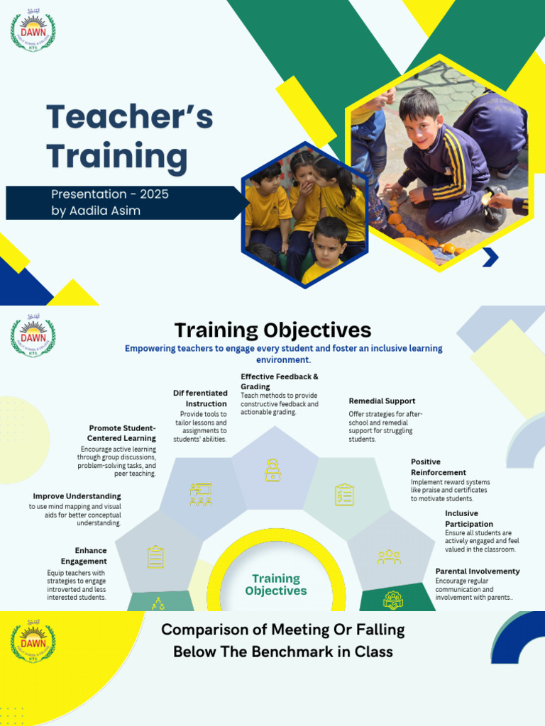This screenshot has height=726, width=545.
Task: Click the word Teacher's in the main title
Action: pyautogui.click(x=129, y=117)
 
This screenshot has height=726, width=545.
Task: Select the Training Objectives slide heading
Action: pyautogui.click(x=272, y=330)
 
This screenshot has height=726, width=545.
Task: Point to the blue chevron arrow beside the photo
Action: pyautogui.click(x=490, y=257)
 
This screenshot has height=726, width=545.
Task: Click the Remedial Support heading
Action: pyautogui.click(x=382, y=401)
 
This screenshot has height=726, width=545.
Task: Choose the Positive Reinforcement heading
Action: pyautogui.click(x=438, y=467)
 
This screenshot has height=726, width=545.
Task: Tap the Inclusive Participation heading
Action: pyautogui.click(x=469, y=518)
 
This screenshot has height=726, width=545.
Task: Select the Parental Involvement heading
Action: pyautogui.click(x=477, y=571)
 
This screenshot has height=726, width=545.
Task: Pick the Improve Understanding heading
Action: pyautogui.click(x=77, y=496)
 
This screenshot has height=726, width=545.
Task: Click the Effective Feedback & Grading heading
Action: pyautogui.click(x=279, y=381)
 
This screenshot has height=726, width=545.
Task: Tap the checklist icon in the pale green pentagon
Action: pyautogui.click(x=344, y=495)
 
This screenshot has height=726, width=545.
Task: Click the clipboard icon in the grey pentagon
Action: pyautogui.click(x=155, y=557)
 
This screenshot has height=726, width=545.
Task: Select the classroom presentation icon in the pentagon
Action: pyautogui.click(x=201, y=495)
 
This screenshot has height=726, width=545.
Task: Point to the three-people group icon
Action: pyautogui.click(x=388, y=557)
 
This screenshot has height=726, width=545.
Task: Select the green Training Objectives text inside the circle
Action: pyautogui.click(x=276, y=585)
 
